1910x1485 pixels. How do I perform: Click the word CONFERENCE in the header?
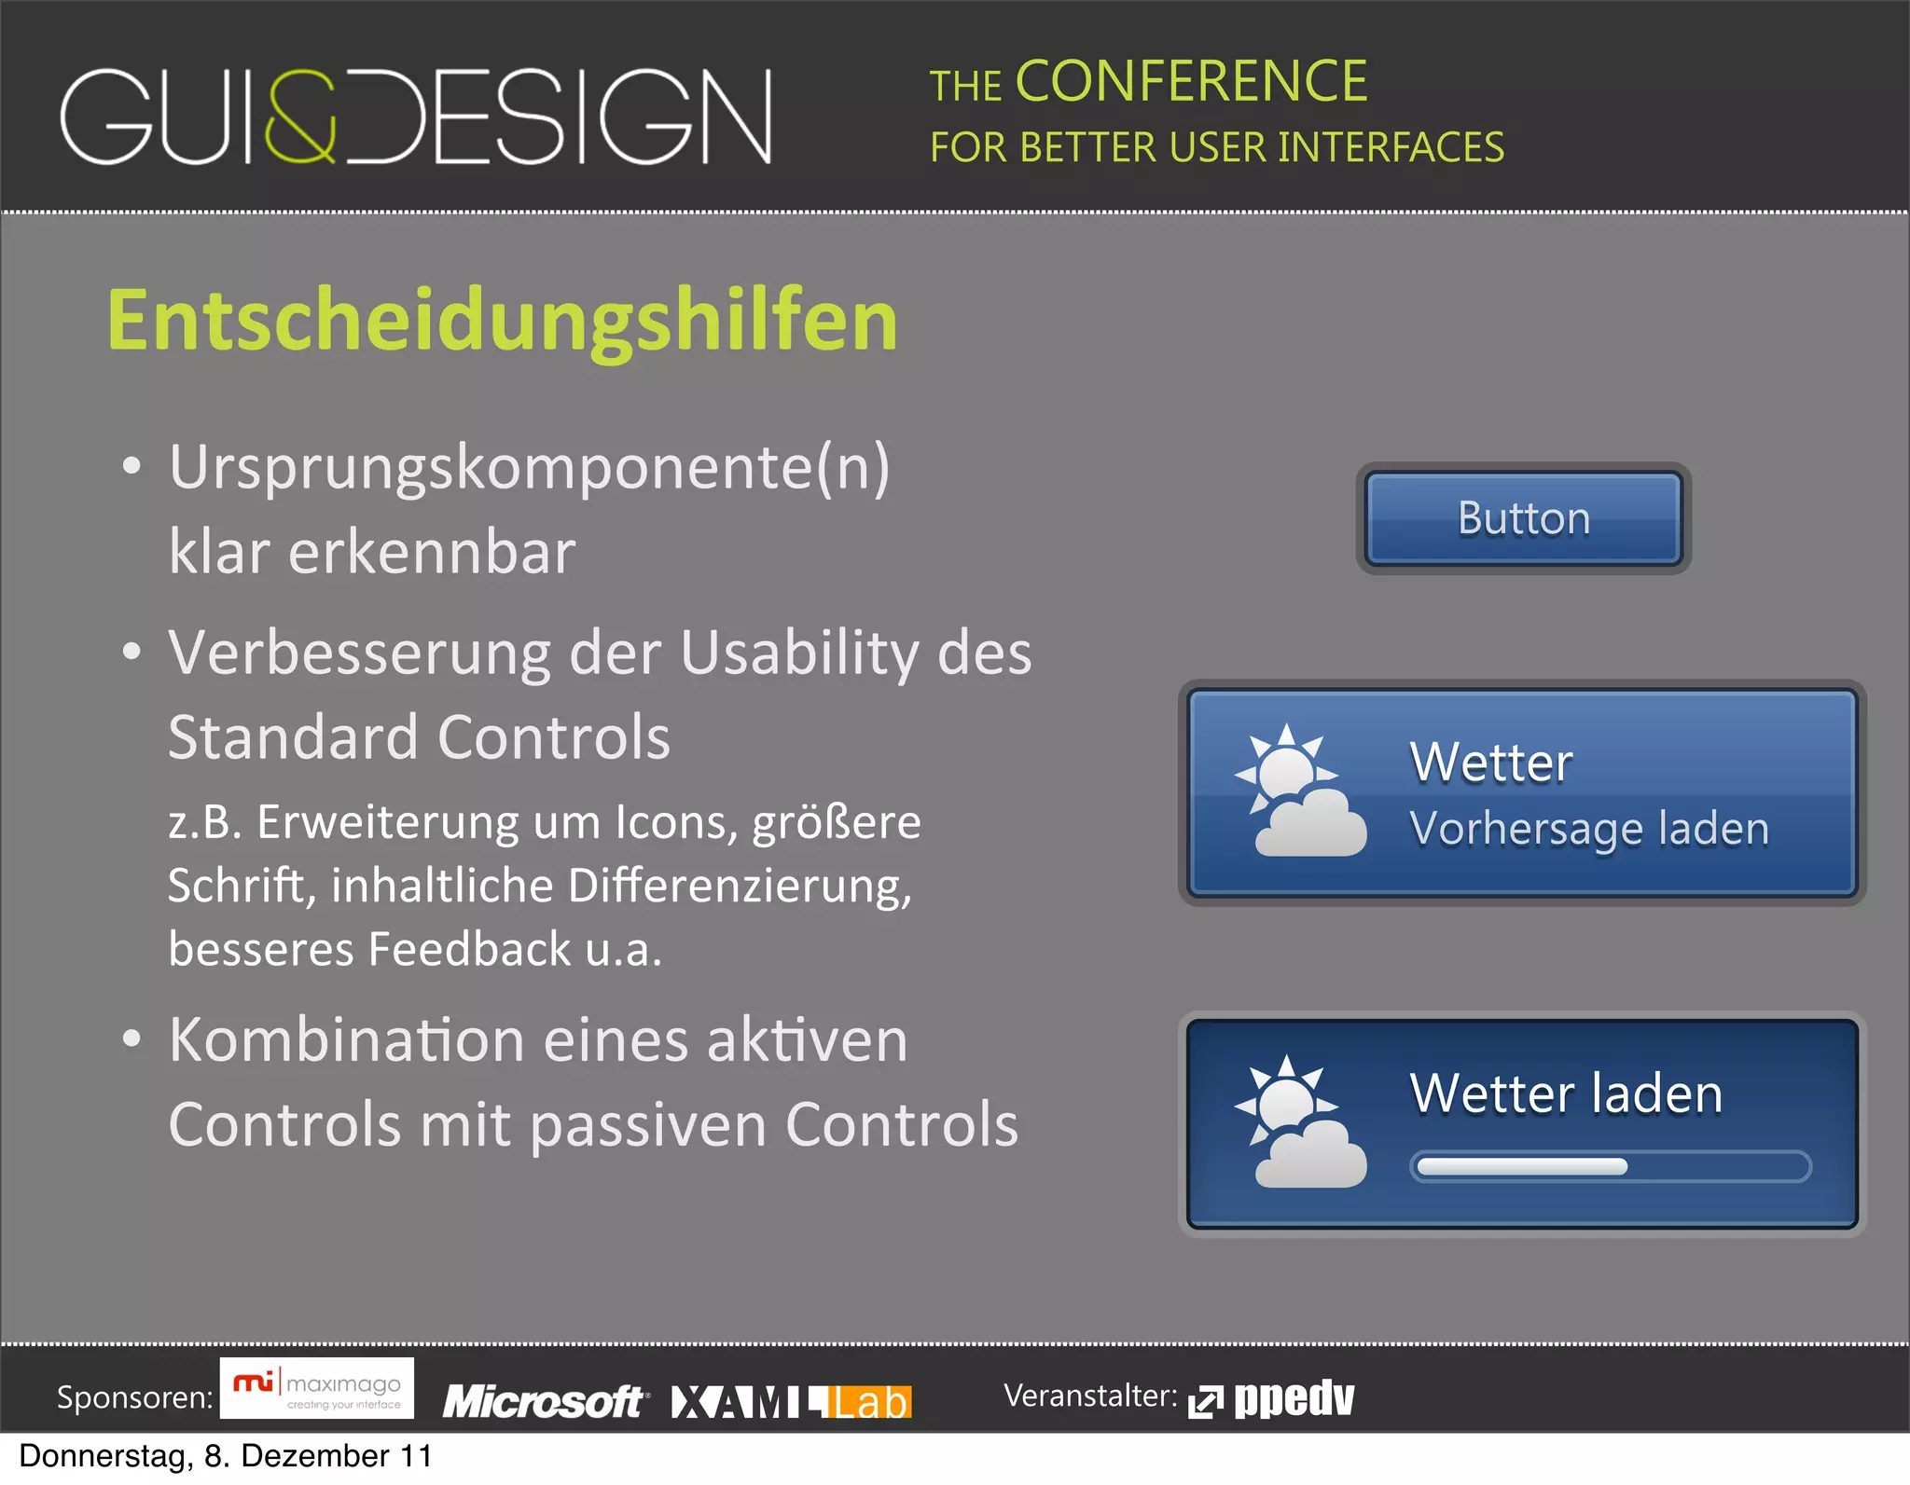[x=1191, y=81]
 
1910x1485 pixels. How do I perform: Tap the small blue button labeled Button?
[x=1523, y=518]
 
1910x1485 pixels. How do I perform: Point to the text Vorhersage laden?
[x=1589, y=829]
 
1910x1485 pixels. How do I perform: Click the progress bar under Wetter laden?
[x=1610, y=1166]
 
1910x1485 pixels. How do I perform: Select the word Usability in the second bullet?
[x=799, y=653]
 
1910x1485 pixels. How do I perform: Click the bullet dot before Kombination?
[x=131, y=1038]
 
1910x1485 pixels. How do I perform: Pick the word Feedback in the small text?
[x=469, y=949]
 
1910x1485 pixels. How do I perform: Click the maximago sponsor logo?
[x=317, y=1388]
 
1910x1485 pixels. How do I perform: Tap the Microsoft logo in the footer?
[x=544, y=1401]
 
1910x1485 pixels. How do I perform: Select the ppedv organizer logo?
[x=1272, y=1398]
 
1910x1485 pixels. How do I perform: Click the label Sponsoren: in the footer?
[x=135, y=1397]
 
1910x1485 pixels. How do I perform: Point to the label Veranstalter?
[x=1089, y=1396]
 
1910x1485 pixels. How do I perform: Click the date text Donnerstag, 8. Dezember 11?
[x=226, y=1456]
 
